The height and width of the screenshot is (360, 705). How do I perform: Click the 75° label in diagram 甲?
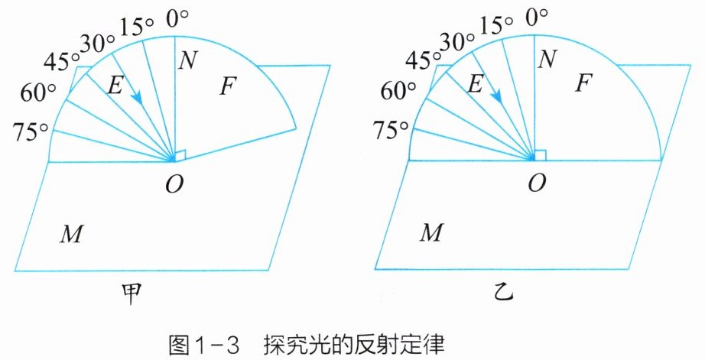point(28,131)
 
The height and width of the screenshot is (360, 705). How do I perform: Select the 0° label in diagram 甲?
point(177,17)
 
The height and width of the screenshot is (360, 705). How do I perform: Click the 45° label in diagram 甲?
point(63,59)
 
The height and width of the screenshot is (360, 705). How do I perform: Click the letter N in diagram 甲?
point(187,60)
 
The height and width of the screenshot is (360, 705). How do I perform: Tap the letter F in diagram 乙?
point(583,86)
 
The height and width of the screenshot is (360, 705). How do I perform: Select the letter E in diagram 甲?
point(115,86)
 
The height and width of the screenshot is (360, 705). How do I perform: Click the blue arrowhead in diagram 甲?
point(138,97)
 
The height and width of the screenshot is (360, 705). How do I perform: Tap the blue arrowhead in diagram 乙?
point(497,97)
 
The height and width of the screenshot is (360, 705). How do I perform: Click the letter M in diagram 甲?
point(71,234)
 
